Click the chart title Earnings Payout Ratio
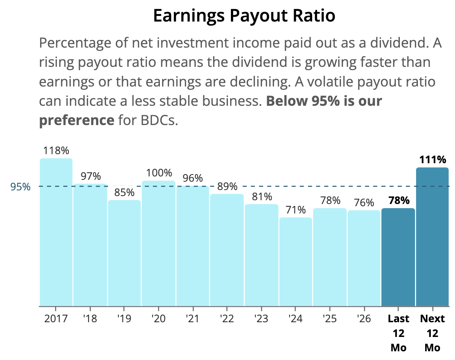[x=244, y=16]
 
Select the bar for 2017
[x=56, y=232]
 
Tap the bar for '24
[x=296, y=262]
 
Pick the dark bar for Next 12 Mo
[x=432, y=237]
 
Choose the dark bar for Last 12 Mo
[x=398, y=257]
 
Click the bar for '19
[x=124, y=253]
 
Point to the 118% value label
[x=56, y=151]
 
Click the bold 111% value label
[x=433, y=159]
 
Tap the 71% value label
[x=296, y=210]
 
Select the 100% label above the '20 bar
[x=159, y=173]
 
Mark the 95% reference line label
[x=20, y=187]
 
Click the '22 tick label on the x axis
[x=227, y=318]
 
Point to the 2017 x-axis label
[x=56, y=318]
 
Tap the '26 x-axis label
[x=364, y=318]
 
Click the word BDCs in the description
[x=159, y=120]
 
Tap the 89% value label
[x=227, y=187]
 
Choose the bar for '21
[x=193, y=246]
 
